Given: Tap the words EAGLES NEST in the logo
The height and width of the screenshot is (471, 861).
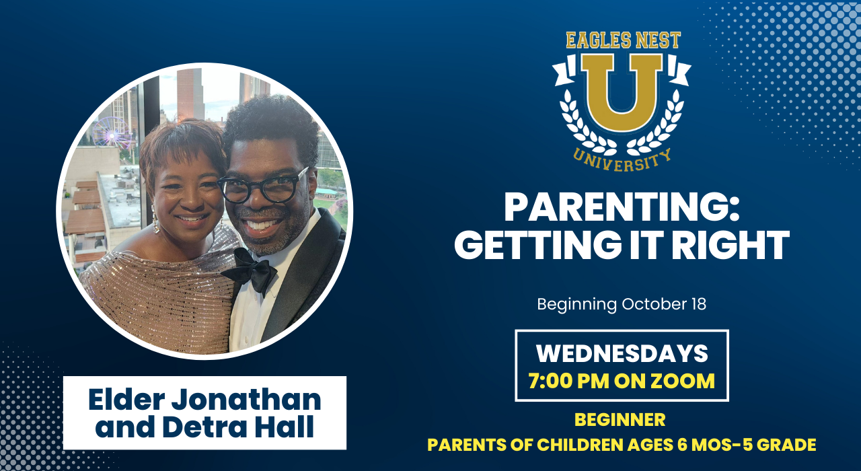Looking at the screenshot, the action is [623, 40].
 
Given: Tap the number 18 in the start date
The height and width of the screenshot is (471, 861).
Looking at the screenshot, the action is [698, 304].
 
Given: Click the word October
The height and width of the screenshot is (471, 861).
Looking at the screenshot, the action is [654, 304].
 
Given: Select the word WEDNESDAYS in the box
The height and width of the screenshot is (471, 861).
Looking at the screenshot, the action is [622, 353].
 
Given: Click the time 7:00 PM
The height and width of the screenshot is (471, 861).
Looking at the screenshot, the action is [569, 381].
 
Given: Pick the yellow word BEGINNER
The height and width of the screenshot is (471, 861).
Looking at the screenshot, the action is [620, 419].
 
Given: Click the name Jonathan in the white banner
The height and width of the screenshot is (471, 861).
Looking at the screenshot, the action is [246, 400].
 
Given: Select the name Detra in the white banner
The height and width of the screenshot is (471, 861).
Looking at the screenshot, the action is [204, 427].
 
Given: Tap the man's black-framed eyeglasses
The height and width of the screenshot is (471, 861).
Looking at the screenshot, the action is [263, 187].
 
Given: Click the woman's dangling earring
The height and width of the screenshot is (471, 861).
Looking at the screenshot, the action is [155, 220].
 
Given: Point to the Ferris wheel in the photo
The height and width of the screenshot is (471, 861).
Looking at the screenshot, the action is [112, 133].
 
